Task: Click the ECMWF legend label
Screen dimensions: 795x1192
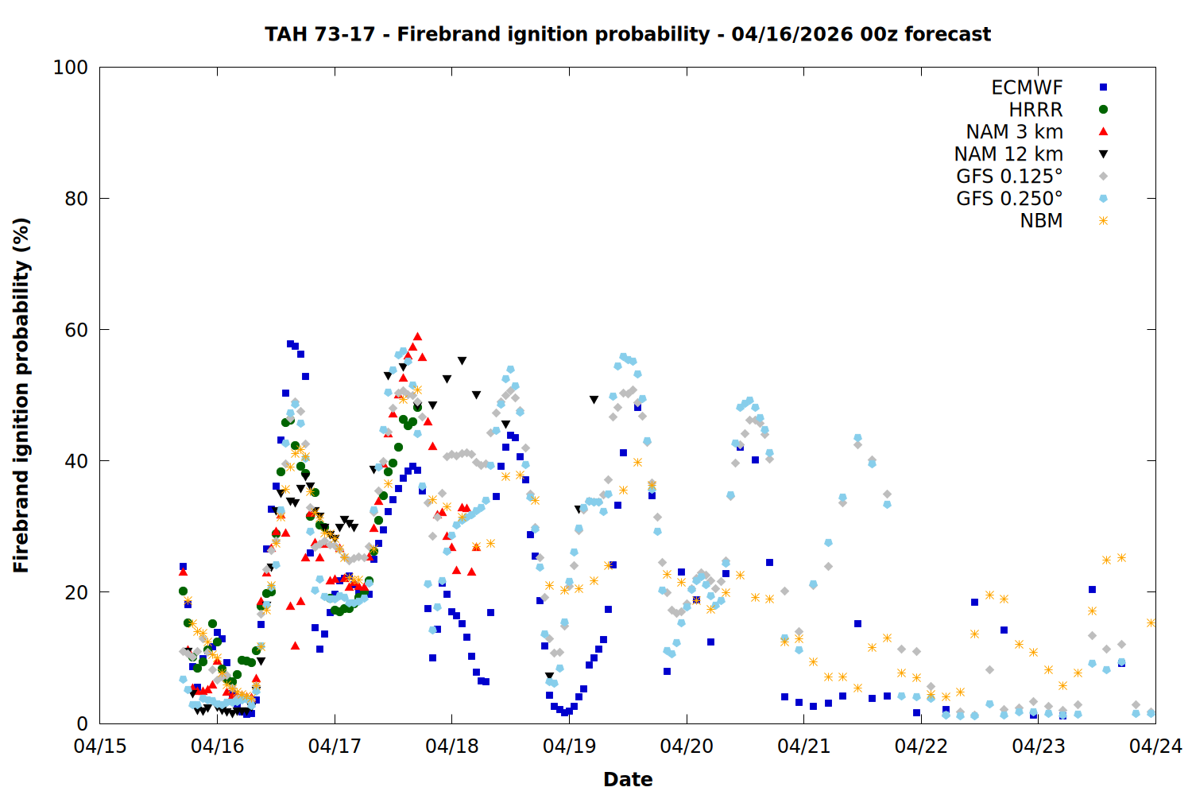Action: (1027, 87)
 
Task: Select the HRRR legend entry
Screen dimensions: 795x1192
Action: (1035, 110)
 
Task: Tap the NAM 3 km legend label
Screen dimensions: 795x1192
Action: (1014, 132)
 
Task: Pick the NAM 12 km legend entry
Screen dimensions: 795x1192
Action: (1008, 154)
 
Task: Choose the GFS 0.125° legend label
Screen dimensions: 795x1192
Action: (1009, 176)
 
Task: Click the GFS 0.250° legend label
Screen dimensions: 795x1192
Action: (1009, 199)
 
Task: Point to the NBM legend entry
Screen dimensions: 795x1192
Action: (1041, 221)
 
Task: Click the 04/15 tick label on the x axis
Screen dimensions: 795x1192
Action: (100, 747)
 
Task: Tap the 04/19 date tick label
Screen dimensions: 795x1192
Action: (569, 747)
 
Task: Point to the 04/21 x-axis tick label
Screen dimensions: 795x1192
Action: (803, 747)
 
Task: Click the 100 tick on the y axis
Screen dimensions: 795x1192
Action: (71, 68)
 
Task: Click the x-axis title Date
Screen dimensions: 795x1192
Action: (628, 780)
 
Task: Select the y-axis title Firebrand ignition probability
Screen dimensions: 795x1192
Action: (21, 395)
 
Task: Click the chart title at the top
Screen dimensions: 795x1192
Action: (628, 34)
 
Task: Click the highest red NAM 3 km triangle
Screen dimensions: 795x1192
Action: (417, 337)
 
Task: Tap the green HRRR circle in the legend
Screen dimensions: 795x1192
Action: (1103, 110)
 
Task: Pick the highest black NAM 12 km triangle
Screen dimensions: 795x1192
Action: (462, 361)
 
